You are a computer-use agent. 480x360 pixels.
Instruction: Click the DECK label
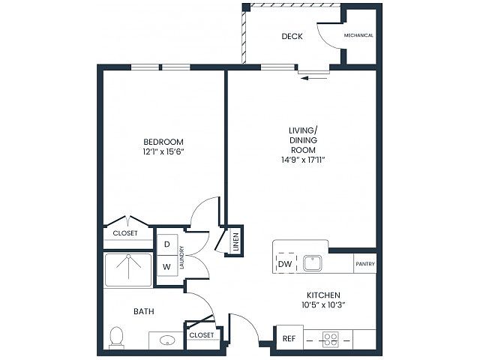point(292,37)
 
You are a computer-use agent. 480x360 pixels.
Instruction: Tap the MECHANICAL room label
point(358,35)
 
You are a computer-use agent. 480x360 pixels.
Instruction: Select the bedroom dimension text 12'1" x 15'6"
point(163,151)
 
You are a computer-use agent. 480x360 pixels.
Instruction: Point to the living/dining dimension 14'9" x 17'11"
point(303,160)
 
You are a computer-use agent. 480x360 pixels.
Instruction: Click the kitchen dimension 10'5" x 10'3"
point(323,305)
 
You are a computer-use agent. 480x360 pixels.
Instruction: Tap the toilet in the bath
point(116,337)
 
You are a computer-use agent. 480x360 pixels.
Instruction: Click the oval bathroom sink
point(167,340)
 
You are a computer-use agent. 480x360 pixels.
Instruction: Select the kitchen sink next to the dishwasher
point(312,263)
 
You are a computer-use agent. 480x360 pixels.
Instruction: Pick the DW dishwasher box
point(286,263)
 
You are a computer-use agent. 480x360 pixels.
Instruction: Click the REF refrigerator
point(289,338)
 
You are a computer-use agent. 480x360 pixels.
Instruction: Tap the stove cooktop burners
point(331,340)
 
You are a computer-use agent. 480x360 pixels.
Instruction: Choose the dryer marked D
point(167,244)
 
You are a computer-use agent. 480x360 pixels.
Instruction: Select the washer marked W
point(166,267)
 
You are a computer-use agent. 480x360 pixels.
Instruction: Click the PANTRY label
point(365,264)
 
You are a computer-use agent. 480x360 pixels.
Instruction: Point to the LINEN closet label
point(235,242)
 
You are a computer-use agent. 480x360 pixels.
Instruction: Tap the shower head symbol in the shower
point(128,256)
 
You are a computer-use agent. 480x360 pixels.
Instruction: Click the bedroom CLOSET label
point(125,233)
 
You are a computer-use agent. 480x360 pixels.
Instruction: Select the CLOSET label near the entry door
point(202,335)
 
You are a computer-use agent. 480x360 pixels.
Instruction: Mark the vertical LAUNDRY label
point(181,257)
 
